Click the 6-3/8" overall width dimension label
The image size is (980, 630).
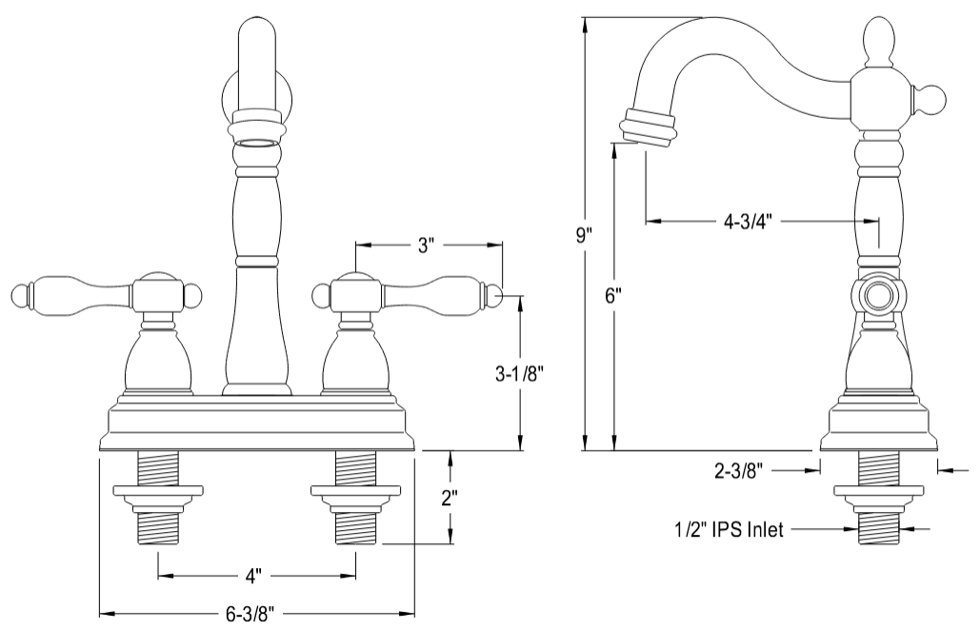(251, 615)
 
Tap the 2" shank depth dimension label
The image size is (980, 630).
(450, 498)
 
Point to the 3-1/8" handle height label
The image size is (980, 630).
(519, 373)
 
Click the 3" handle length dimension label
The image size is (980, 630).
(426, 246)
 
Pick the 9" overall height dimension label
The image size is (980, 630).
(584, 234)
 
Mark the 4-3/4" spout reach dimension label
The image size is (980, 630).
(746, 222)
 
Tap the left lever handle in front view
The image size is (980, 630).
(67, 294)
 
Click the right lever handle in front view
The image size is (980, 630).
(448, 294)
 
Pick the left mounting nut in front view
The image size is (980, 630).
(158, 497)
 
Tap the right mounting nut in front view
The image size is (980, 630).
(356, 497)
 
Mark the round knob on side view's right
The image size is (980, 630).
(930, 99)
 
